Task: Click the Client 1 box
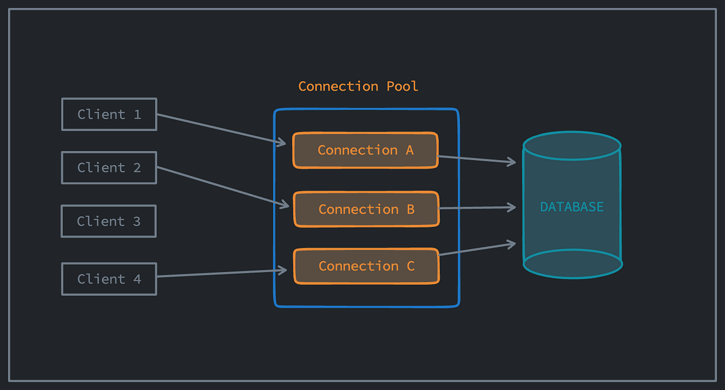tap(109, 114)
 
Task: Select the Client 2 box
tap(109, 168)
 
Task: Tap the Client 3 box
tap(109, 221)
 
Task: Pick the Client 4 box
tap(109, 279)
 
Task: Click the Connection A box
tap(365, 150)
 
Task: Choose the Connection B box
tap(366, 209)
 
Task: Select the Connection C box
tap(366, 266)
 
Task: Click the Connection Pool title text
tap(358, 86)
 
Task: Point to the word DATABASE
tap(572, 207)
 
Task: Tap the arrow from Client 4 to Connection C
tap(222, 273)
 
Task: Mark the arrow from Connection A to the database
tap(476, 159)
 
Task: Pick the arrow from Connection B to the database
tap(476, 208)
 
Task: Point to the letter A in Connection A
tap(410, 150)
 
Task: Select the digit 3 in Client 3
tap(137, 221)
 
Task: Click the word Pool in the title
tap(402, 86)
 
